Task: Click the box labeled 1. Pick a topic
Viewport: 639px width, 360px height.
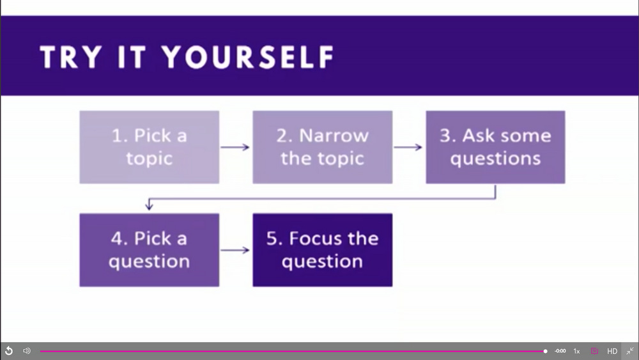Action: click(x=149, y=147)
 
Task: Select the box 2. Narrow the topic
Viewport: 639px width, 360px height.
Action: click(x=322, y=147)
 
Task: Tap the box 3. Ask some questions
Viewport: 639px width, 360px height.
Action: click(x=496, y=147)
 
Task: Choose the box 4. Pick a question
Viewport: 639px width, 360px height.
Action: click(x=149, y=250)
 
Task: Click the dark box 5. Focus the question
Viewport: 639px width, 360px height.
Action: click(x=322, y=250)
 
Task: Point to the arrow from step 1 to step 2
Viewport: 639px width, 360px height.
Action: click(x=235, y=147)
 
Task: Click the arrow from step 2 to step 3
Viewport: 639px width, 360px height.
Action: click(x=408, y=147)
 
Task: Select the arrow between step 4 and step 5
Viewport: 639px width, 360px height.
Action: click(x=235, y=250)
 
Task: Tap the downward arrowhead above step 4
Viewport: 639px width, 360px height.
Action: click(x=149, y=206)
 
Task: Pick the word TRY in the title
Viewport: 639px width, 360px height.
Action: click(x=71, y=57)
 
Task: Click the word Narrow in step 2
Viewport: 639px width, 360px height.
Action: click(x=334, y=136)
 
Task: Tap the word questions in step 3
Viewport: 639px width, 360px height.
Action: click(x=496, y=159)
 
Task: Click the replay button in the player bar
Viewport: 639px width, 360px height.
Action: click(x=8, y=350)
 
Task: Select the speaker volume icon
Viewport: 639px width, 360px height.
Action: click(x=27, y=350)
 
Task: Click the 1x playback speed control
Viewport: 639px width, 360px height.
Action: click(x=576, y=351)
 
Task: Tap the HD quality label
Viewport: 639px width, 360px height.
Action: click(x=612, y=351)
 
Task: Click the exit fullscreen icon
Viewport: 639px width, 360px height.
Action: click(x=630, y=350)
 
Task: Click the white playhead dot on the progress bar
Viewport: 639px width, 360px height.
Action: click(x=545, y=351)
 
